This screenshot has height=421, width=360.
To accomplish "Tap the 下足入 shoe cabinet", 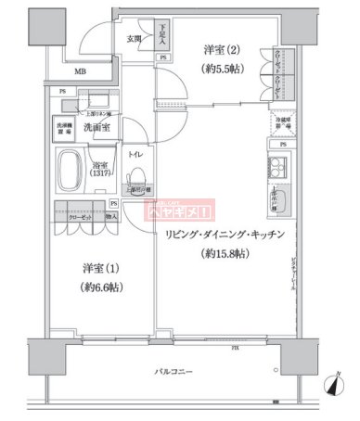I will coord(161,36).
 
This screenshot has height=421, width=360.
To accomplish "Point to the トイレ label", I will coord(135,155).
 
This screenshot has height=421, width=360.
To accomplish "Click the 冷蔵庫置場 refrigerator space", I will coord(280,127).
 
